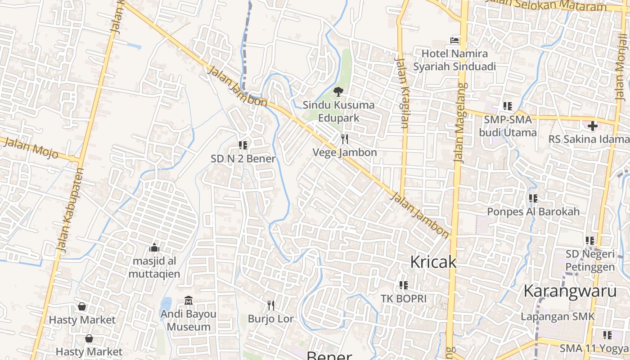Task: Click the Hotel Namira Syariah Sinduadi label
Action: coord(454,60)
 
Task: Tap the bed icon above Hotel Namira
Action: coord(454,40)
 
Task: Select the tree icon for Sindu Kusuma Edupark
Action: coord(338,92)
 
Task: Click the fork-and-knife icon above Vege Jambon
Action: coord(345,139)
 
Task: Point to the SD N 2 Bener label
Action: coord(243,158)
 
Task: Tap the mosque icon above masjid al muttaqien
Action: coord(154,247)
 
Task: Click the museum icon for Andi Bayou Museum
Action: coord(189,300)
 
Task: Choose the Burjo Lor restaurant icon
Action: coord(271,306)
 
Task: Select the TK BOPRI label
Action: coord(403,298)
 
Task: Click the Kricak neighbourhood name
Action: coord(433,262)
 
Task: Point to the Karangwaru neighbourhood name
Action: coord(570,291)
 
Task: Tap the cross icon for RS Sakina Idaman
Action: coord(592,126)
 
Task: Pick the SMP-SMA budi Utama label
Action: coord(508,126)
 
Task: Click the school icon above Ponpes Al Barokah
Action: coord(533,198)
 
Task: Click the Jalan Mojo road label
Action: coord(30,148)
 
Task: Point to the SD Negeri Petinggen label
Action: coord(589,261)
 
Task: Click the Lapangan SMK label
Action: coord(558,316)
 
